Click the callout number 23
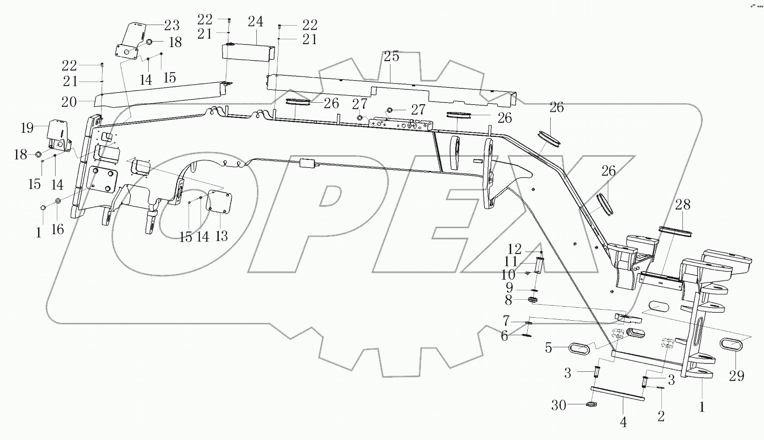pyautogui.click(x=172, y=25)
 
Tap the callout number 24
pyautogui.click(x=255, y=22)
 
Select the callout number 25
pyautogui.click(x=392, y=57)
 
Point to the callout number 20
pyautogui.click(x=69, y=102)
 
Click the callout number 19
pyautogui.click(x=27, y=128)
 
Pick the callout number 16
pyautogui.click(x=58, y=230)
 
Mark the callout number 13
pyautogui.click(x=221, y=236)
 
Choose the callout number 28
pyautogui.click(x=682, y=204)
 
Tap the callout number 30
pyautogui.click(x=559, y=405)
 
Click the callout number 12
pyautogui.click(x=515, y=249)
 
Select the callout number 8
pyautogui.click(x=508, y=300)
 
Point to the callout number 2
pyautogui.click(x=661, y=415)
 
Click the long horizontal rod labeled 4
pyautogui.click(x=617, y=393)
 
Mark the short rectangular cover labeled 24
pyautogui.click(x=248, y=53)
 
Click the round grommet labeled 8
pyautogui.click(x=533, y=300)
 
